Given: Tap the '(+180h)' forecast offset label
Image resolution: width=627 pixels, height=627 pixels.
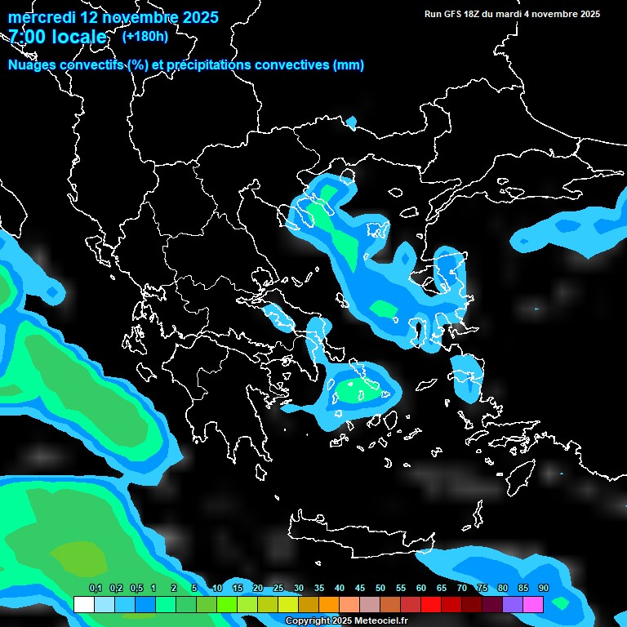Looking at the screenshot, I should pyautogui.click(x=145, y=36).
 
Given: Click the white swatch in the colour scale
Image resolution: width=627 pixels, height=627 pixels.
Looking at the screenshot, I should pyautogui.click(x=83, y=604).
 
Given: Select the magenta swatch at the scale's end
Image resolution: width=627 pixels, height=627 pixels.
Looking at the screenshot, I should pyautogui.click(x=533, y=604).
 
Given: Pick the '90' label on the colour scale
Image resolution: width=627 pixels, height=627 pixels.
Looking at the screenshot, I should pyautogui.click(x=544, y=589).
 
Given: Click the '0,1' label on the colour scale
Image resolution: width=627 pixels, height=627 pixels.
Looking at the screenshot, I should pyautogui.click(x=96, y=589).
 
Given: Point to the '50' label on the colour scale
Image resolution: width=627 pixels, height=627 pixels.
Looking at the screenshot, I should pyautogui.click(x=380, y=589).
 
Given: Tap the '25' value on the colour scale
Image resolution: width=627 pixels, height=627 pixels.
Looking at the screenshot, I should pyautogui.click(x=278, y=589).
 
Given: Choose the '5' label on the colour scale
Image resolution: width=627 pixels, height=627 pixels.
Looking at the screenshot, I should pyautogui.click(x=194, y=589).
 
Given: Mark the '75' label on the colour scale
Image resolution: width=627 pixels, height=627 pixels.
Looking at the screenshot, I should pyautogui.click(x=482, y=589).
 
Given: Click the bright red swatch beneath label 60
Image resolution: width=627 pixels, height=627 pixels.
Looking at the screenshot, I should pyautogui.click(x=431, y=604).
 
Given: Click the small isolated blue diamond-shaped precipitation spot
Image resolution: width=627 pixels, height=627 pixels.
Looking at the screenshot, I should pyautogui.click(x=352, y=122).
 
